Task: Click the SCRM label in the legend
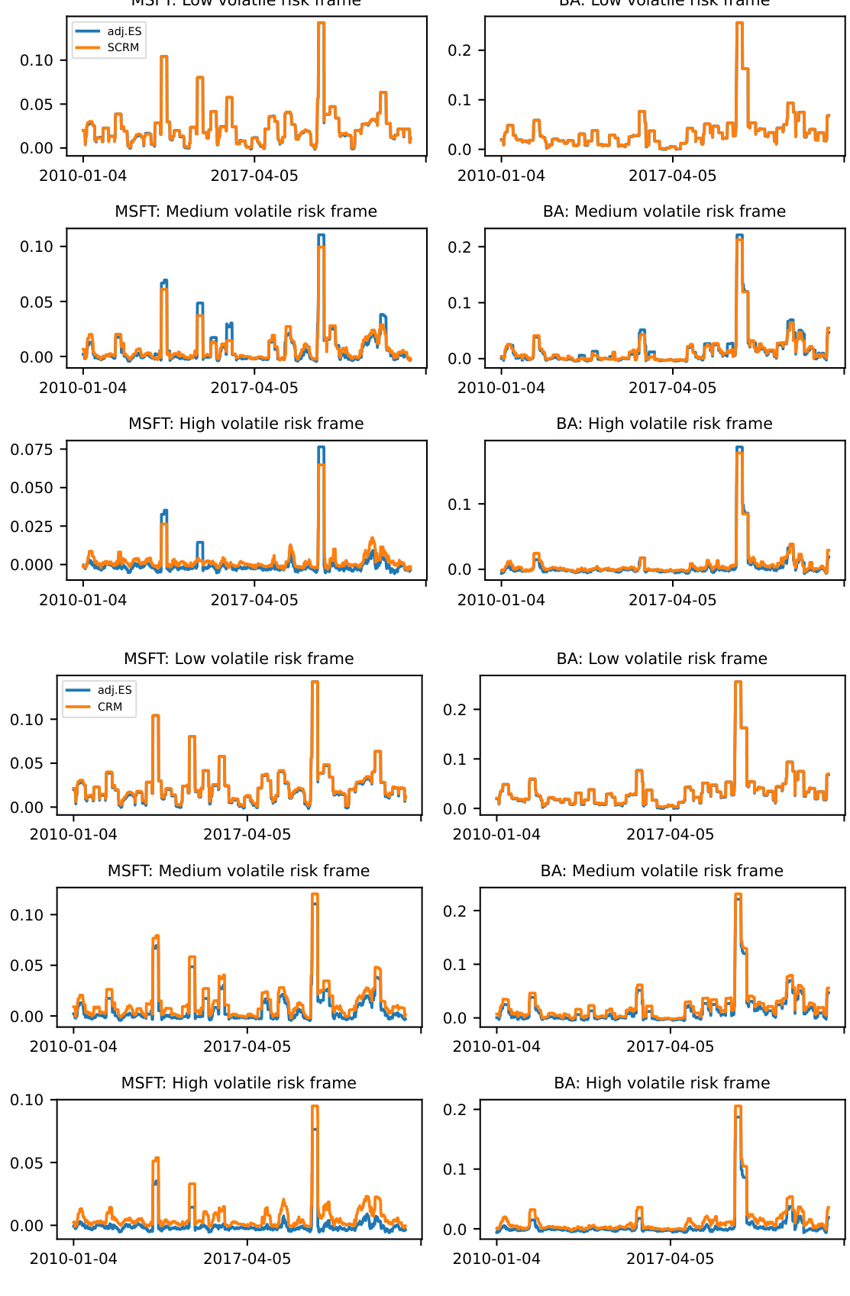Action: pyautogui.click(x=123, y=47)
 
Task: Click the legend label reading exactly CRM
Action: pyautogui.click(x=110, y=707)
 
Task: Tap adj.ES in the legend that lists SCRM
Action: pyautogui.click(x=124, y=31)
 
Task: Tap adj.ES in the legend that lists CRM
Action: pyautogui.click(x=115, y=690)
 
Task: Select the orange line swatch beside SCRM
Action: pyautogui.click(x=88, y=47)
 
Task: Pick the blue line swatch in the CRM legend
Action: pyautogui.click(x=79, y=690)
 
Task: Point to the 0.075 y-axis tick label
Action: pyautogui.click(x=32, y=450)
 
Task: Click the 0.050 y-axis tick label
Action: pyautogui.click(x=32, y=488)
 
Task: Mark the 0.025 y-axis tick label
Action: pyautogui.click(x=32, y=527)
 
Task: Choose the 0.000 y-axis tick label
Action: pyautogui.click(x=32, y=565)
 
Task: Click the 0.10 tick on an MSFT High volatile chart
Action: pyautogui.click(x=27, y=1100)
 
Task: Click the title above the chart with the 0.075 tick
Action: pyautogui.click(x=246, y=424)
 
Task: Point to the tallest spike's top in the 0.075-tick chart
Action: pyautogui.click(x=322, y=447)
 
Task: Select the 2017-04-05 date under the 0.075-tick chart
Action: pyautogui.click(x=254, y=600)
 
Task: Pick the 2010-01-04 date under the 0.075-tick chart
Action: pyautogui.click(x=83, y=600)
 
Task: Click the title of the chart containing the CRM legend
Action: pyautogui.click(x=239, y=659)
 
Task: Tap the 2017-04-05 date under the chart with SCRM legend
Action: pyautogui.click(x=254, y=176)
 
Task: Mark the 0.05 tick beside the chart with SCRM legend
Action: pyautogui.click(x=37, y=105)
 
